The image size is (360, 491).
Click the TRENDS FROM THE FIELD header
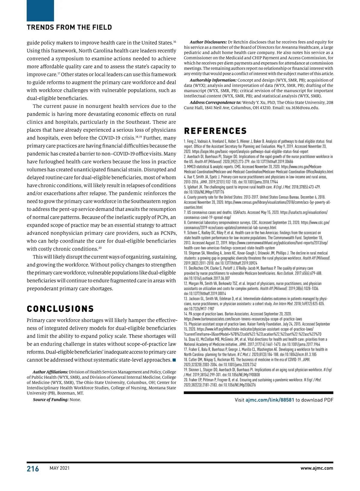(x=69, y=28)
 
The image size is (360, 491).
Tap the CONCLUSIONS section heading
(x=60, y=309)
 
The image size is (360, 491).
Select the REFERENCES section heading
(x=215, y=131)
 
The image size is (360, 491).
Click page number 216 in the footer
(x=33, y=469)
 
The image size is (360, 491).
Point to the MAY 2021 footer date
(x=59, y=468)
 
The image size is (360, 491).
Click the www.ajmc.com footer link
(x=317, y=468)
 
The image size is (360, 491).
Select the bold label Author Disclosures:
(x=208, y=42)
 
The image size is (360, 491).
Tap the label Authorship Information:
(x=213, y=80)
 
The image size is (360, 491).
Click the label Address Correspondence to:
(x=215, y=103)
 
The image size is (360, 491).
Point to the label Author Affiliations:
(x=50, y=372)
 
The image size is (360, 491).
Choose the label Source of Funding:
(x=51, y=400)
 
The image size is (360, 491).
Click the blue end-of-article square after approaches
(x=174, y=360)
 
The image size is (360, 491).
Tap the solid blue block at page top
(x=40, y=10)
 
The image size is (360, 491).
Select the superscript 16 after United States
(x=175, y=41)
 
